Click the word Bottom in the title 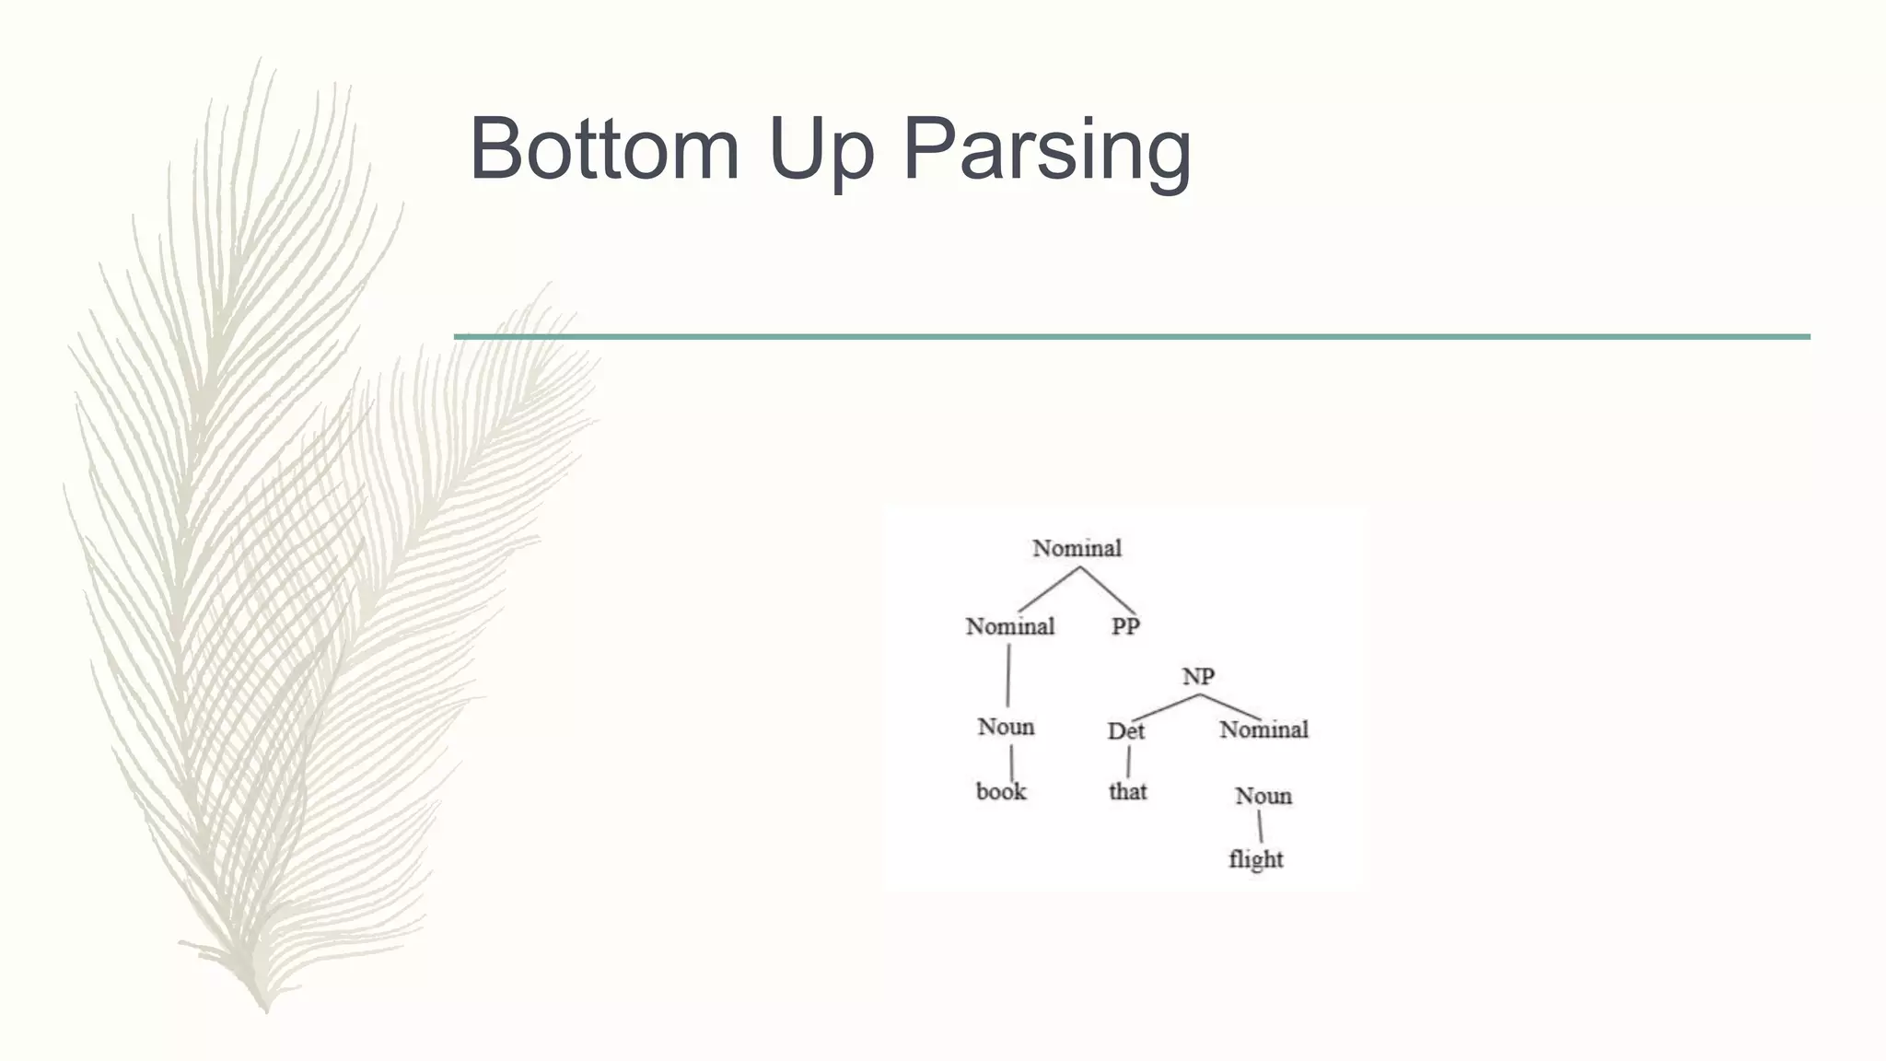pos(604,149)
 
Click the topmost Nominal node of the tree pos(1077,549)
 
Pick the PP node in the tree pos(1125,627)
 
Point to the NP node pos(1198,677)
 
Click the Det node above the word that pos(1125,731)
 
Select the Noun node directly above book pos(1006,728)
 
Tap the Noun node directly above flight pos(1263,796)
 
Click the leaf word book pos(1001,792)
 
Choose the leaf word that pos(1127,792)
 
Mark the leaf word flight pos(1255,859)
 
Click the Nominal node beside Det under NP pos(1263,730)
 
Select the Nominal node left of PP pos(1009,627)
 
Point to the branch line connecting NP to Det pos(1165,707)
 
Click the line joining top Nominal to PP pos(1109,590)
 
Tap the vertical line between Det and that pos(1128,762)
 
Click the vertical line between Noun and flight pos(1260,827)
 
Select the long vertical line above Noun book pos(1008,675)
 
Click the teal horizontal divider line pos(1132,337)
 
